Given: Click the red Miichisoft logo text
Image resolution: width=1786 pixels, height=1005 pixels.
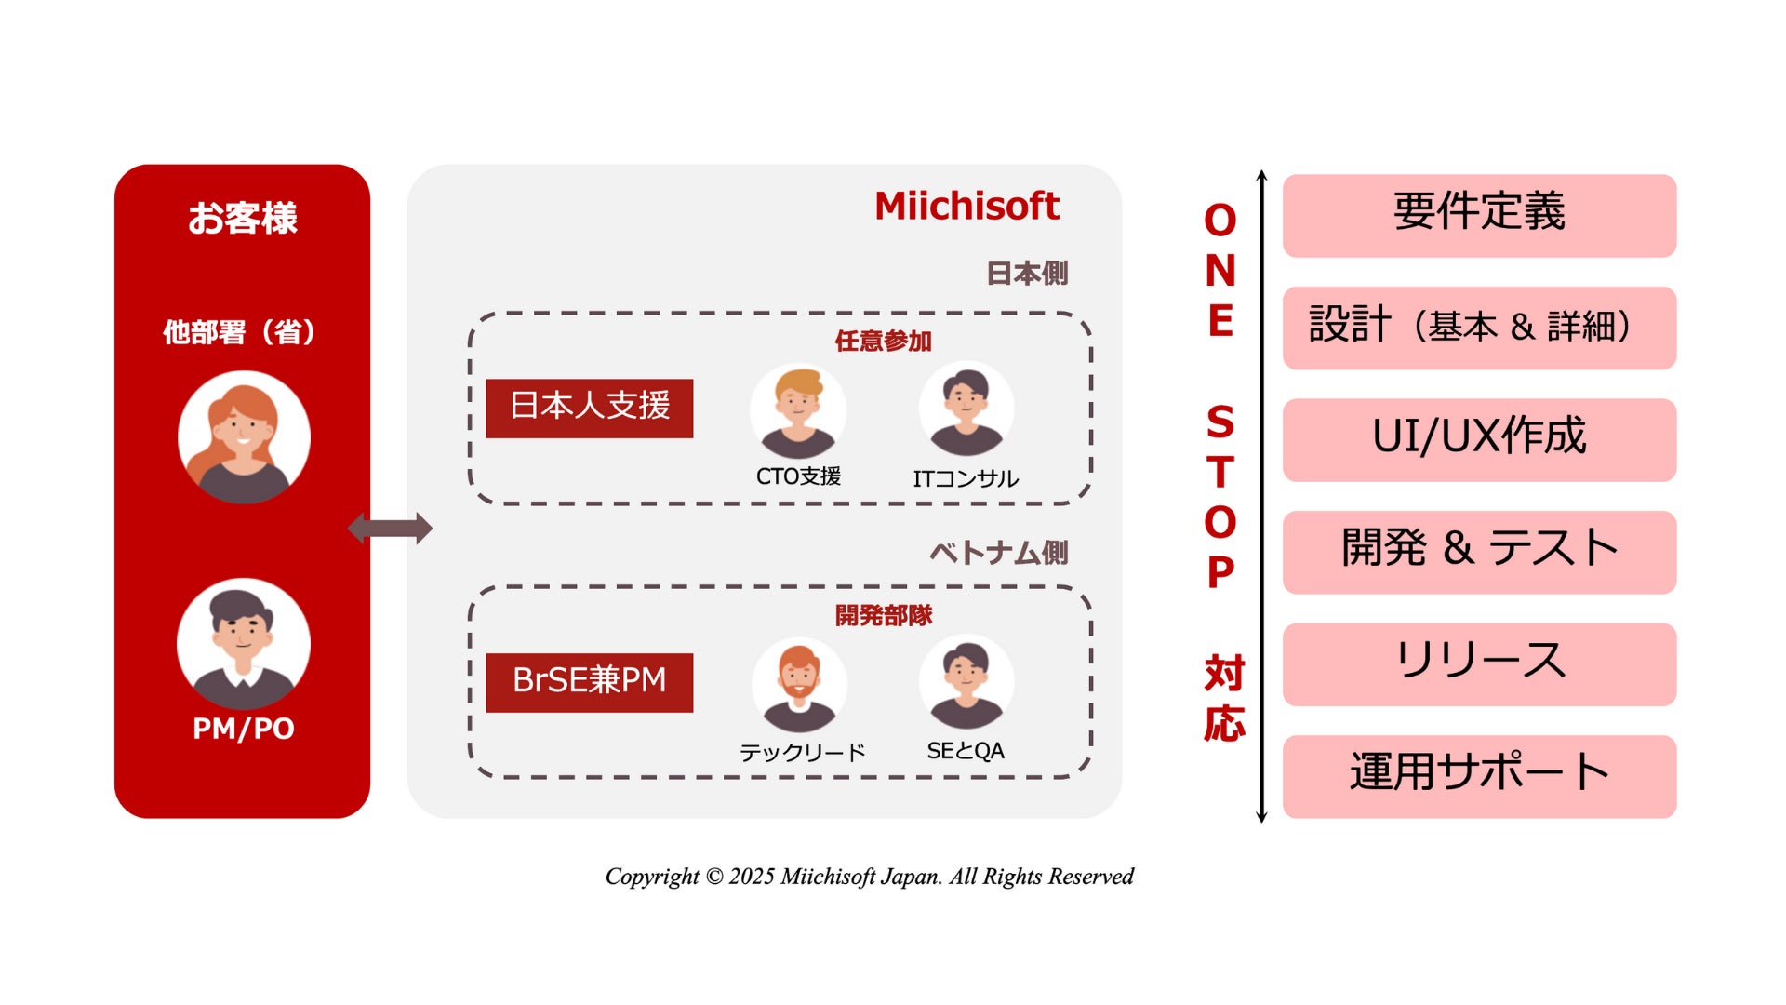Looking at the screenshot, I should click(966, 206).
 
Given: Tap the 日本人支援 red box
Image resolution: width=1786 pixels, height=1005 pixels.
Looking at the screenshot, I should click(589, 408).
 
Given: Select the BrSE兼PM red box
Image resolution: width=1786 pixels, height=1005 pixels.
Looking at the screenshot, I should click(589, 682).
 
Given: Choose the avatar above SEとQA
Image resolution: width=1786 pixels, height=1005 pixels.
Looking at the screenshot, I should click(966, 683).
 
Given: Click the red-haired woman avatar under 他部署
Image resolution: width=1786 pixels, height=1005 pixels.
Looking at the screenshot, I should click(244, 437).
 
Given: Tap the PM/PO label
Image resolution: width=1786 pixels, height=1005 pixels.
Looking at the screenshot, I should click(243, 729).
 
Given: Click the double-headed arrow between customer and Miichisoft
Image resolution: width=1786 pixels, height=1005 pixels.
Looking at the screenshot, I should click(390, 529).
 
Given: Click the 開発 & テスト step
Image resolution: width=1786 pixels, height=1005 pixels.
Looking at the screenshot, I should click(1479, 551).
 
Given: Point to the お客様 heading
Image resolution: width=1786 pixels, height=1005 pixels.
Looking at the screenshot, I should click(243, 219).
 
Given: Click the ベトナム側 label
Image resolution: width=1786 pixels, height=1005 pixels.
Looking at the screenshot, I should click(998, 553).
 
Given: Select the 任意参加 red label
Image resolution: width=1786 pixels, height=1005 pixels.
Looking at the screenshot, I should click(883, 342).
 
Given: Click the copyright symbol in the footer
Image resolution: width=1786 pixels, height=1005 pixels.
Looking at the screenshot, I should click(713, 877).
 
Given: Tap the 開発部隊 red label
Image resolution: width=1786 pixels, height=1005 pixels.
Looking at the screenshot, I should click(883, 615).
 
